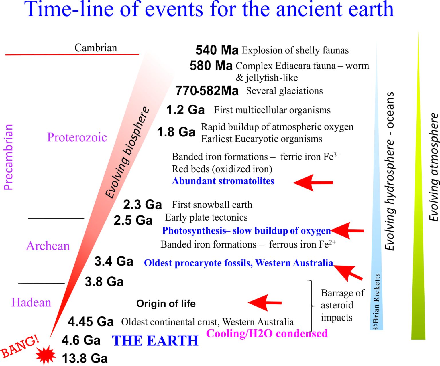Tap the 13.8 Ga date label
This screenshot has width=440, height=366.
click(85, 359)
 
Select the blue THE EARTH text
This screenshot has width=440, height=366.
click(155, 341)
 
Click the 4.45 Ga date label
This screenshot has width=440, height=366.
click(91, 322)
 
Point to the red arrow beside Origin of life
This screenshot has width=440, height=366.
click(265, 303)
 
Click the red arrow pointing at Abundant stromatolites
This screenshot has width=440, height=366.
click(313, 183)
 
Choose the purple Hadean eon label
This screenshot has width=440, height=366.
click(31, 302)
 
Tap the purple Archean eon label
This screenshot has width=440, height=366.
click(48, 246)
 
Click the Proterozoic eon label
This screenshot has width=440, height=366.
click(77, 137)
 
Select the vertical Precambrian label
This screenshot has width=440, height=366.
click(8, 157)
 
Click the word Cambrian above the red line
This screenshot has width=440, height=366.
click(96, 48)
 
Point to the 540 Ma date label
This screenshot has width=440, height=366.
click(217, 50)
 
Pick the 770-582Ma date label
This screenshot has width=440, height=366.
click(207, 91)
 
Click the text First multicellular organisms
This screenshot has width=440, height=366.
click(272, 110)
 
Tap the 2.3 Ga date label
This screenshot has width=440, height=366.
click(142, 205)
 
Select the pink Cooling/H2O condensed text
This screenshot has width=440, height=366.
click(267, 333)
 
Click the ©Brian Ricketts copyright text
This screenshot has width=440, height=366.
click(376, 301)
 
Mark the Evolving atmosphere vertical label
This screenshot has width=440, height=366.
click(434, 167)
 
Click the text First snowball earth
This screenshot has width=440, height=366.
click(212, 205)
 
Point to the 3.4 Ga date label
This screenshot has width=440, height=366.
click(114, 261)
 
